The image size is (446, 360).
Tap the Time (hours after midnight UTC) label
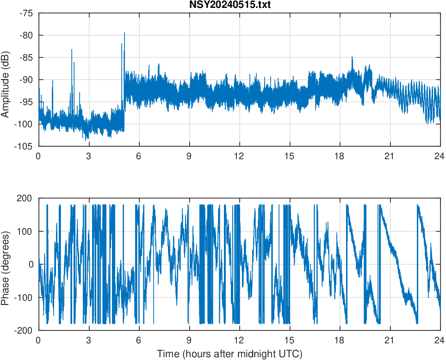click(x=230, y=354)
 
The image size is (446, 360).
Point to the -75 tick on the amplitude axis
click(x=26, y=13)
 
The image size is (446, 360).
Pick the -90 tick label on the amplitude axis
click(x=26, y=80)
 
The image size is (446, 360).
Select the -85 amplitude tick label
click(x=26, y=58)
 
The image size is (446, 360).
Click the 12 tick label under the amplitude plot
click(x=239, y=156)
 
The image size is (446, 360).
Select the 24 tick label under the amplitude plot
click(x=440, y=156)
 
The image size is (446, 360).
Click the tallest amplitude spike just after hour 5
click(x=124, y=33)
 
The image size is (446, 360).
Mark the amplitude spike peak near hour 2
click(x=72, y=50)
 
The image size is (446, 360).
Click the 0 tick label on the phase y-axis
click(x=31, y=264)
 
